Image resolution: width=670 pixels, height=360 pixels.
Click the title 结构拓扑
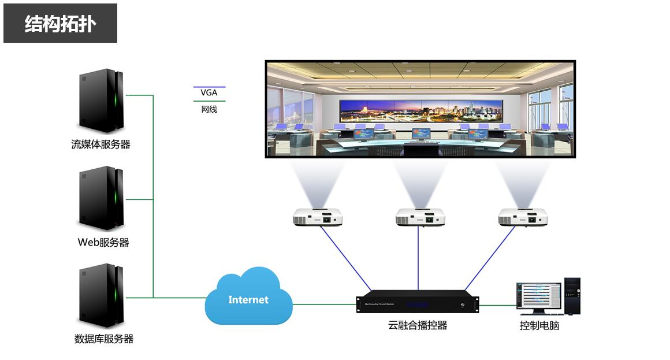60,24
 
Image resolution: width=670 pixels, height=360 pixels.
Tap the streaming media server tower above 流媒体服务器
102,101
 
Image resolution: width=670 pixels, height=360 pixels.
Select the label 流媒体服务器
101,144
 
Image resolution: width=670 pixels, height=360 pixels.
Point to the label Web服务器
103,243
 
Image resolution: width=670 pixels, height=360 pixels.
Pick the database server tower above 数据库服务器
102,295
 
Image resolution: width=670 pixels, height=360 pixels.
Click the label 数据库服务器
104,339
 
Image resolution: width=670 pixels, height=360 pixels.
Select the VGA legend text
209,92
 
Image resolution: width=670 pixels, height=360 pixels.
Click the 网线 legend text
209,109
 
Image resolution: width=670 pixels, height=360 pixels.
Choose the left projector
318,217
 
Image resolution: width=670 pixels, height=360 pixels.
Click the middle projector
420,217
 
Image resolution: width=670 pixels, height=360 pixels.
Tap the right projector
523,217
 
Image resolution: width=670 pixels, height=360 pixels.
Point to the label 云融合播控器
418,325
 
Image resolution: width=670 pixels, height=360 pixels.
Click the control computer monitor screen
538,296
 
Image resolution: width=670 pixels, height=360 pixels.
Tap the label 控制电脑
539,326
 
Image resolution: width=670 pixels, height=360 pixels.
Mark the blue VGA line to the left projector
345,258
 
